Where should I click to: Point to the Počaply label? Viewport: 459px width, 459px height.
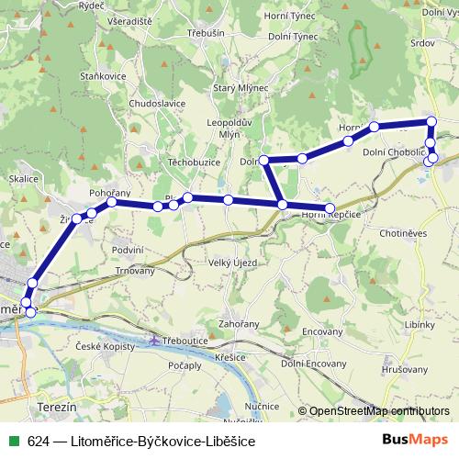pos(185,365)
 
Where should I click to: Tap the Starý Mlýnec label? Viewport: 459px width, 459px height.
pos(266,87)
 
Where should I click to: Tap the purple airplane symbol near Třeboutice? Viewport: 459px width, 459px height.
pos(154,341)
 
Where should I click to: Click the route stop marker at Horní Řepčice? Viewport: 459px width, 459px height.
pos(330,209)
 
